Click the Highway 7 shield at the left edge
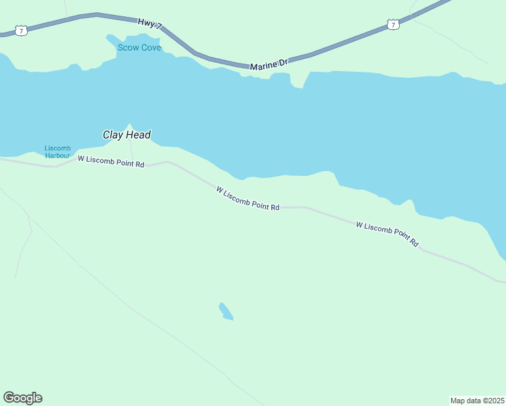coord(22,30)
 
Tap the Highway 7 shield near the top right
coord(394,24)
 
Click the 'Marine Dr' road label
coord(269,64)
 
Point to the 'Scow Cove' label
coord(139,47)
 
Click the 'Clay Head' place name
coord(127,135)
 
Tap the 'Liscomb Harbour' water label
coord(57,152)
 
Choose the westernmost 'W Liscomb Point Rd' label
coord(111,162)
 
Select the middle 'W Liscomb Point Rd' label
coord(248,199)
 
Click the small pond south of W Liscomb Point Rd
coord(226,311)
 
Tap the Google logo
coord(23,398)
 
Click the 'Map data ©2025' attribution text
coord(478,401)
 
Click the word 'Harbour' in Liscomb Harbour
coord(57,155)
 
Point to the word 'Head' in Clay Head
coord(138,135)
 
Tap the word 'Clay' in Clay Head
coord(113,135)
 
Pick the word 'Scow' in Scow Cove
coord(128,47)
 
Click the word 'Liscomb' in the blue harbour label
coord(57,148)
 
